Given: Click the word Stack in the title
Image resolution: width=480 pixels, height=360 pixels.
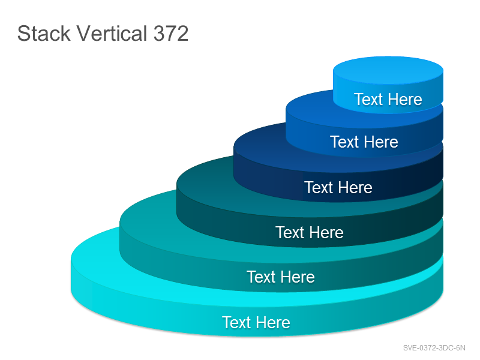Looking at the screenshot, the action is tap(44, 34).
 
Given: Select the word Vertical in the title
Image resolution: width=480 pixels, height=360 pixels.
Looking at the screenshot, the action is tap(112, 34).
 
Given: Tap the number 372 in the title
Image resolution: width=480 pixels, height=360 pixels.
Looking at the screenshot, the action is tap(171, 34).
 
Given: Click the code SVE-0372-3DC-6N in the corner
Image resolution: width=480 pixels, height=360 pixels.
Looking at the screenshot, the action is tap(434, 348).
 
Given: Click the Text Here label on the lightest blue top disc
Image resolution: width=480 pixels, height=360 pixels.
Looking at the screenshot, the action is tap(388, 99).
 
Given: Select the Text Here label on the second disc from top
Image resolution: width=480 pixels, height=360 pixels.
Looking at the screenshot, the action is tap(364, 142).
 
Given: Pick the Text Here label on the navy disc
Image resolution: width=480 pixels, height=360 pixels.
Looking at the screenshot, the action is tap(338, 187).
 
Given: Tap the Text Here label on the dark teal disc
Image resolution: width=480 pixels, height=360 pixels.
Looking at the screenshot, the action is tap(310, 232).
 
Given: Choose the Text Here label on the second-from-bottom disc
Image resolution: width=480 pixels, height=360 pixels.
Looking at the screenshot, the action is tap(281, 277).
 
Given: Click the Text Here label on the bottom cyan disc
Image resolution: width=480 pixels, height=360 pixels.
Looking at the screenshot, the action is tap(256, 322).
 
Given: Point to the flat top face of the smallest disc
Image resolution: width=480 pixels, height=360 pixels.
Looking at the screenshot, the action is tap(388, 70).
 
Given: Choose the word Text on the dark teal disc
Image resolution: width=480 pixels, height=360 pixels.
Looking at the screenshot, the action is tap(290, 232).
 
